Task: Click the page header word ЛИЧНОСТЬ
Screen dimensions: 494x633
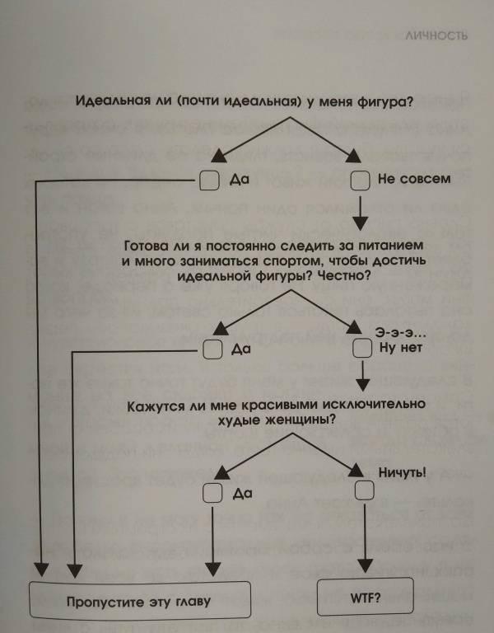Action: pyautogui.click(x=436, y=35)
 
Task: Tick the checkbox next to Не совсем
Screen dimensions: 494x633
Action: pyautogui.click(x=360, y=180)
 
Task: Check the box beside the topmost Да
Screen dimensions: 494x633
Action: pyautogui.click(x=210, y=180)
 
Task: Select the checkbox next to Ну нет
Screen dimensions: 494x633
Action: pyautogui.click(x=362, y=348)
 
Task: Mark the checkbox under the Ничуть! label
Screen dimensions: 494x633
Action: pyautogui.click(x=364, y=490)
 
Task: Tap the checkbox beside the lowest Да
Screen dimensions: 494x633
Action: pyautogui.click(x=212, y=493)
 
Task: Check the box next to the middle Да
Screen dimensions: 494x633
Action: pyautogui.click(x=212, y=349)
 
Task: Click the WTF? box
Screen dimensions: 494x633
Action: pyautogui.click(x=366, y=596)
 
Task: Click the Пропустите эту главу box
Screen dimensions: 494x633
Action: pyautogui.click(x=140, y=600)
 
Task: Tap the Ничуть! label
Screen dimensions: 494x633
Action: pyautogui.click(x=402, y=473)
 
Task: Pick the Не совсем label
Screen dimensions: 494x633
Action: pyautogui.click(x=414, y=179)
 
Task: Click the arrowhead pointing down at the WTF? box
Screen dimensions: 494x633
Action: pyautogui.click(x=365, y=566)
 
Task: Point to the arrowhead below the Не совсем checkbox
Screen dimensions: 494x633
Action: pyautogui.click(x=360, y=223)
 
